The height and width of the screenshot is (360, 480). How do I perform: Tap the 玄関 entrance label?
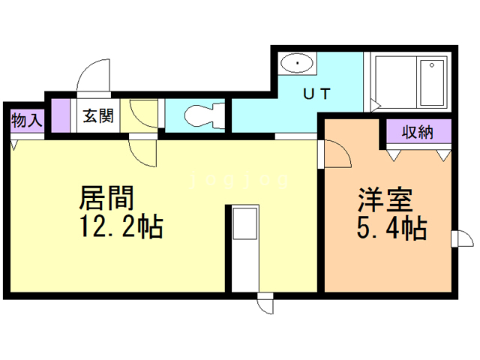coord(97,116)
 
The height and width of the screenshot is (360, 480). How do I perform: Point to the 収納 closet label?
coord(418,132)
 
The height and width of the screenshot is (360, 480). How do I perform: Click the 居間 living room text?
coord(106,198)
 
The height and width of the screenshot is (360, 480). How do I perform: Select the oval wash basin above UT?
coord(297,63)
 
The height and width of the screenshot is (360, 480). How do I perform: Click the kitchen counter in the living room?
coord(244,247)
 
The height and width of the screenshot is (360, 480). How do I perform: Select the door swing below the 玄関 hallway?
coord(143,152)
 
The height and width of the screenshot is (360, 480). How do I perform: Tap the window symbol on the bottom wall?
coord(265,304)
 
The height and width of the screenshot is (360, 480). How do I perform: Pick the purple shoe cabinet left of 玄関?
coord(66,116)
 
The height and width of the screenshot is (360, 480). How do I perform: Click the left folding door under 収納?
coord(395,154)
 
